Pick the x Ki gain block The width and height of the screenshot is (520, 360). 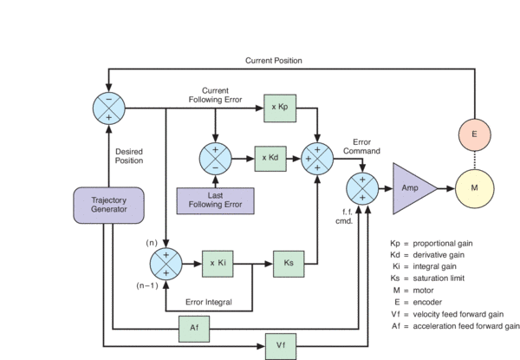click(217, 261)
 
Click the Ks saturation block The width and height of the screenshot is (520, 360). click(289, 261)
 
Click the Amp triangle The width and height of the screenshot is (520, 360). click(414, 187)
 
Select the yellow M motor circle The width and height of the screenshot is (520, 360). click(473, 187)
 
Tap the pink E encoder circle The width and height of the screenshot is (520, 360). click(473, 134)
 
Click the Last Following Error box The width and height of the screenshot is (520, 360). click(216, 200)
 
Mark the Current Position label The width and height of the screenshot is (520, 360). click(273, 60)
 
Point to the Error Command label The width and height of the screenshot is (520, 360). click(361, 146)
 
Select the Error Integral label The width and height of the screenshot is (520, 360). click(209, 302)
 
